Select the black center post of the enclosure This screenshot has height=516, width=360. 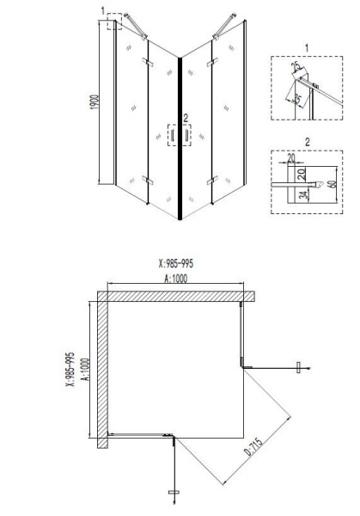tap(180, 138)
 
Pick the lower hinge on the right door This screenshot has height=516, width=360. tap(211, 180)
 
